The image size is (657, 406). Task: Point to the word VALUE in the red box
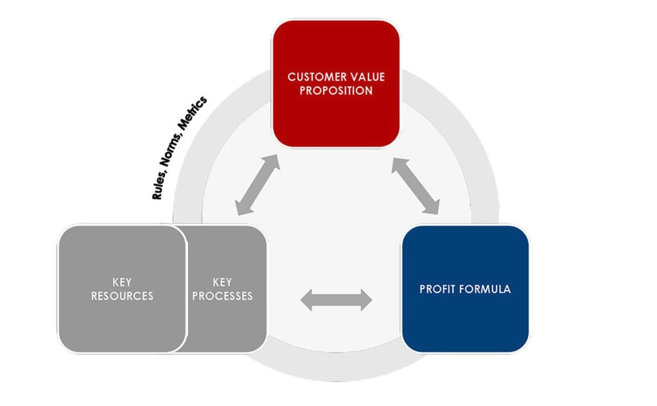(366, 77)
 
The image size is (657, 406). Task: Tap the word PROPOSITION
(336, 91)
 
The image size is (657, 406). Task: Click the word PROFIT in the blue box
(438, 289)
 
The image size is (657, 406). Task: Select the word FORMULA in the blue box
(485, 289)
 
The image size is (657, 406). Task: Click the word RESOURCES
(121, 296)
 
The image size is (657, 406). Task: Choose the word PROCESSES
(222, 296)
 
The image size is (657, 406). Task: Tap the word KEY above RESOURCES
(121, 282)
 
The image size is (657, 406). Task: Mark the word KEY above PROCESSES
(222, 282)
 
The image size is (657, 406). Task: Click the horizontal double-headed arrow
(336, 300)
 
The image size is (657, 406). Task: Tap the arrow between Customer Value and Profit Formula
(416, 186)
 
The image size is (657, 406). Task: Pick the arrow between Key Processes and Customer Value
(257, 185)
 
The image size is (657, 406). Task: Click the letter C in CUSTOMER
(291, 77)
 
